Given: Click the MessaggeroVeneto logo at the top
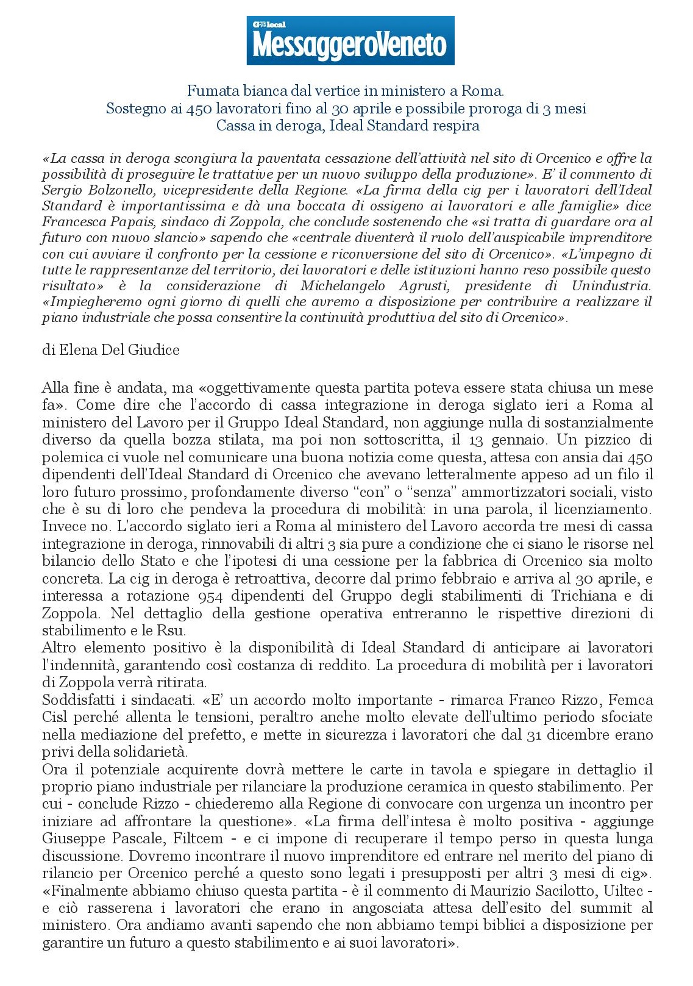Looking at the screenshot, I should tap(350, 41).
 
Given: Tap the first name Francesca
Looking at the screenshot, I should tap(71, 221).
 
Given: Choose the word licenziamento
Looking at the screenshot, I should tap(606, 509).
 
